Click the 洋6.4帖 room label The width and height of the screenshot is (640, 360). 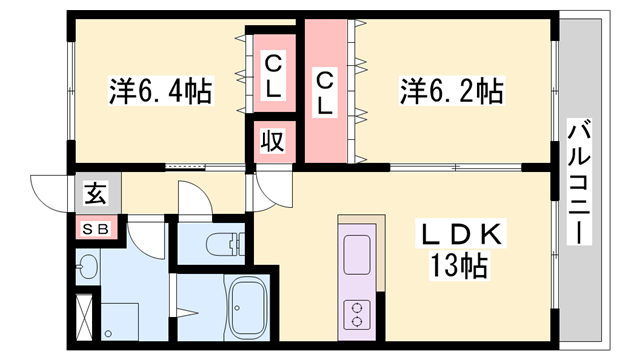160,91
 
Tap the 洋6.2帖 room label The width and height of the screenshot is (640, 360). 451,91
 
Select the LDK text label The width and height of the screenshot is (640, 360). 461,234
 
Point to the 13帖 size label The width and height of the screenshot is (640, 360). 459,266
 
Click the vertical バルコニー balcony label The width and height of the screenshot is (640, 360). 579,182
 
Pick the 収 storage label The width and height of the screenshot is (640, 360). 273,141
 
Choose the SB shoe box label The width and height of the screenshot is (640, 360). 96,229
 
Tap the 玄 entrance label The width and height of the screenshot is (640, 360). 96,193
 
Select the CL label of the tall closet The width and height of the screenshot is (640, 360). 325,93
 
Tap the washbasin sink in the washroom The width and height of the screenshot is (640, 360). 87,267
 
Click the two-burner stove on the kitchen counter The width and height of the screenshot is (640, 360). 357,314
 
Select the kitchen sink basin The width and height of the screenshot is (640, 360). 357,254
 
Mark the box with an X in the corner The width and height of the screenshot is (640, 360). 84,312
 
